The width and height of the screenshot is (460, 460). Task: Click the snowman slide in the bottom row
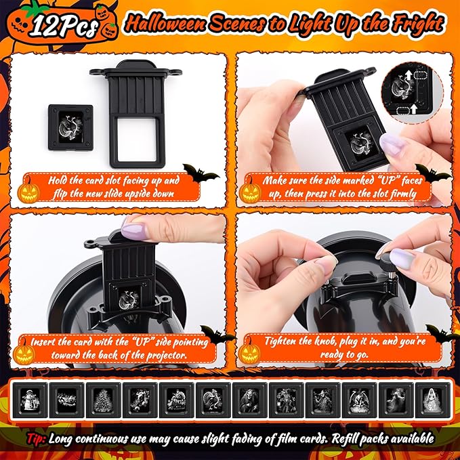coord(30,400)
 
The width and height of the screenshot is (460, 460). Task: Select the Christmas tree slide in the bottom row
coord(103,400)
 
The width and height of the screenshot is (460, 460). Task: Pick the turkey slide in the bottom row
coord(213,400)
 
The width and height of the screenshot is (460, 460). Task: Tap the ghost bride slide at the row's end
coord(433,400)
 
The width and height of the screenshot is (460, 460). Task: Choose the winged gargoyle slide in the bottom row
coord(360,400)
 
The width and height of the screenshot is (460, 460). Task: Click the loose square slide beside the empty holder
coord(70,127)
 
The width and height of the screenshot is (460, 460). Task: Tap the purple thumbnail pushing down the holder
coord(133,231)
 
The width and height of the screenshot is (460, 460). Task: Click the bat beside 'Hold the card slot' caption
coord(201,173)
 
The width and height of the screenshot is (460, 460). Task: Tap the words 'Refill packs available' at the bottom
coord(383,438)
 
